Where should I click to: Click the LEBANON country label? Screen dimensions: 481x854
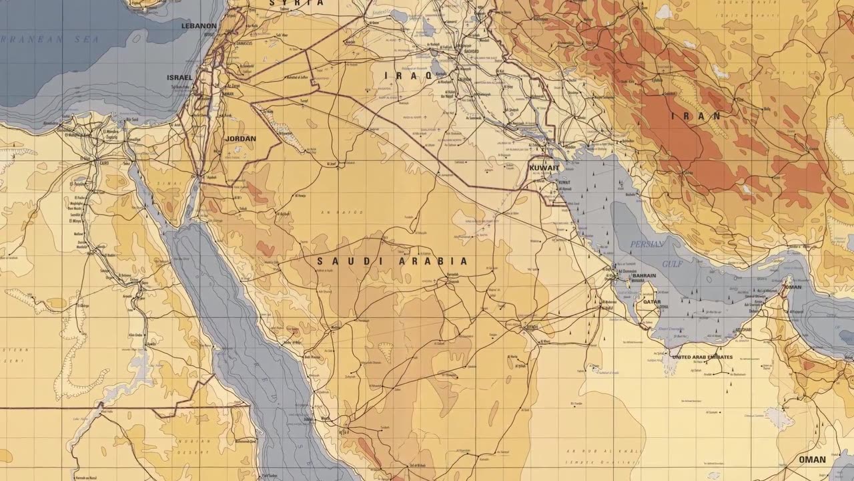[199, 26]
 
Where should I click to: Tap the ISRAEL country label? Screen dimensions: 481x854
[179, 77]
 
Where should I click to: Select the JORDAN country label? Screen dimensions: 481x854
[241, 139]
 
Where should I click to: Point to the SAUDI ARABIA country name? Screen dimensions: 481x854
[392, 261]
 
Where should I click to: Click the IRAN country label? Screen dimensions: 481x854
[697, 116]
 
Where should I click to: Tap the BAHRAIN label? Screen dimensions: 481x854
[644, 275]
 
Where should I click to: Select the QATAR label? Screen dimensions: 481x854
[652, 302]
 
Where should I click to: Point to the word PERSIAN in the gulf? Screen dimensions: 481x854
[647, 244]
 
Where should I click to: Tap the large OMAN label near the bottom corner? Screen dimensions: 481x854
[812, 460]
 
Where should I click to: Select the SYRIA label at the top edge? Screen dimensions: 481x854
[296, 3]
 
